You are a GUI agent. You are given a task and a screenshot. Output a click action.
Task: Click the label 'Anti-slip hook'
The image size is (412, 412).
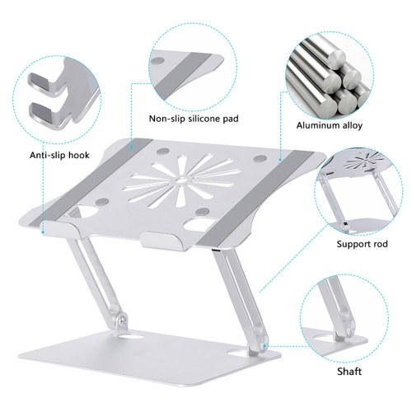[x=59, y=155]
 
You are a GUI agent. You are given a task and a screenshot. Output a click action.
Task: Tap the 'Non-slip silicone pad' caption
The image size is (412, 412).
[x=194, y=119]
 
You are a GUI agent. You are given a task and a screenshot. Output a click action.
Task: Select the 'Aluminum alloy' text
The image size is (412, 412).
[x=330, y=125]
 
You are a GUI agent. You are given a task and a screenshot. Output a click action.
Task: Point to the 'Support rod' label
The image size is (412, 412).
[x=362, y=244]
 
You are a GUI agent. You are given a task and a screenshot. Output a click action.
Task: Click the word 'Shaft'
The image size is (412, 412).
[x=349, y=372]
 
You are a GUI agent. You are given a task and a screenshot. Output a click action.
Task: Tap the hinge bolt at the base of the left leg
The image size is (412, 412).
[x=121, y=321]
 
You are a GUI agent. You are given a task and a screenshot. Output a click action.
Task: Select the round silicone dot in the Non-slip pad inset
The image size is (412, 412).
[x=158, y=61]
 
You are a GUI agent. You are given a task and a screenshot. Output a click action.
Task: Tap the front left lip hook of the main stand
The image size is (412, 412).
[x=59, y=228]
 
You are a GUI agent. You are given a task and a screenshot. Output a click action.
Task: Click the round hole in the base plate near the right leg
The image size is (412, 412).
[x=237, y=352]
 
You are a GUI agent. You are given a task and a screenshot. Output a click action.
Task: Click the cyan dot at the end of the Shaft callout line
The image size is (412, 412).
[x=265, y=346]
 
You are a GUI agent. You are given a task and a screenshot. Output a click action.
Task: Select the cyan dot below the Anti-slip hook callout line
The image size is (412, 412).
[x=44, y=232]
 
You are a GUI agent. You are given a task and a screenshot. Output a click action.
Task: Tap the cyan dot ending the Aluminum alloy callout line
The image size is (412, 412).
[x=280, y=159]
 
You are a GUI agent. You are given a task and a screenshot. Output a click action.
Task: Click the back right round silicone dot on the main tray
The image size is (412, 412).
[x=259, y=158]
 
